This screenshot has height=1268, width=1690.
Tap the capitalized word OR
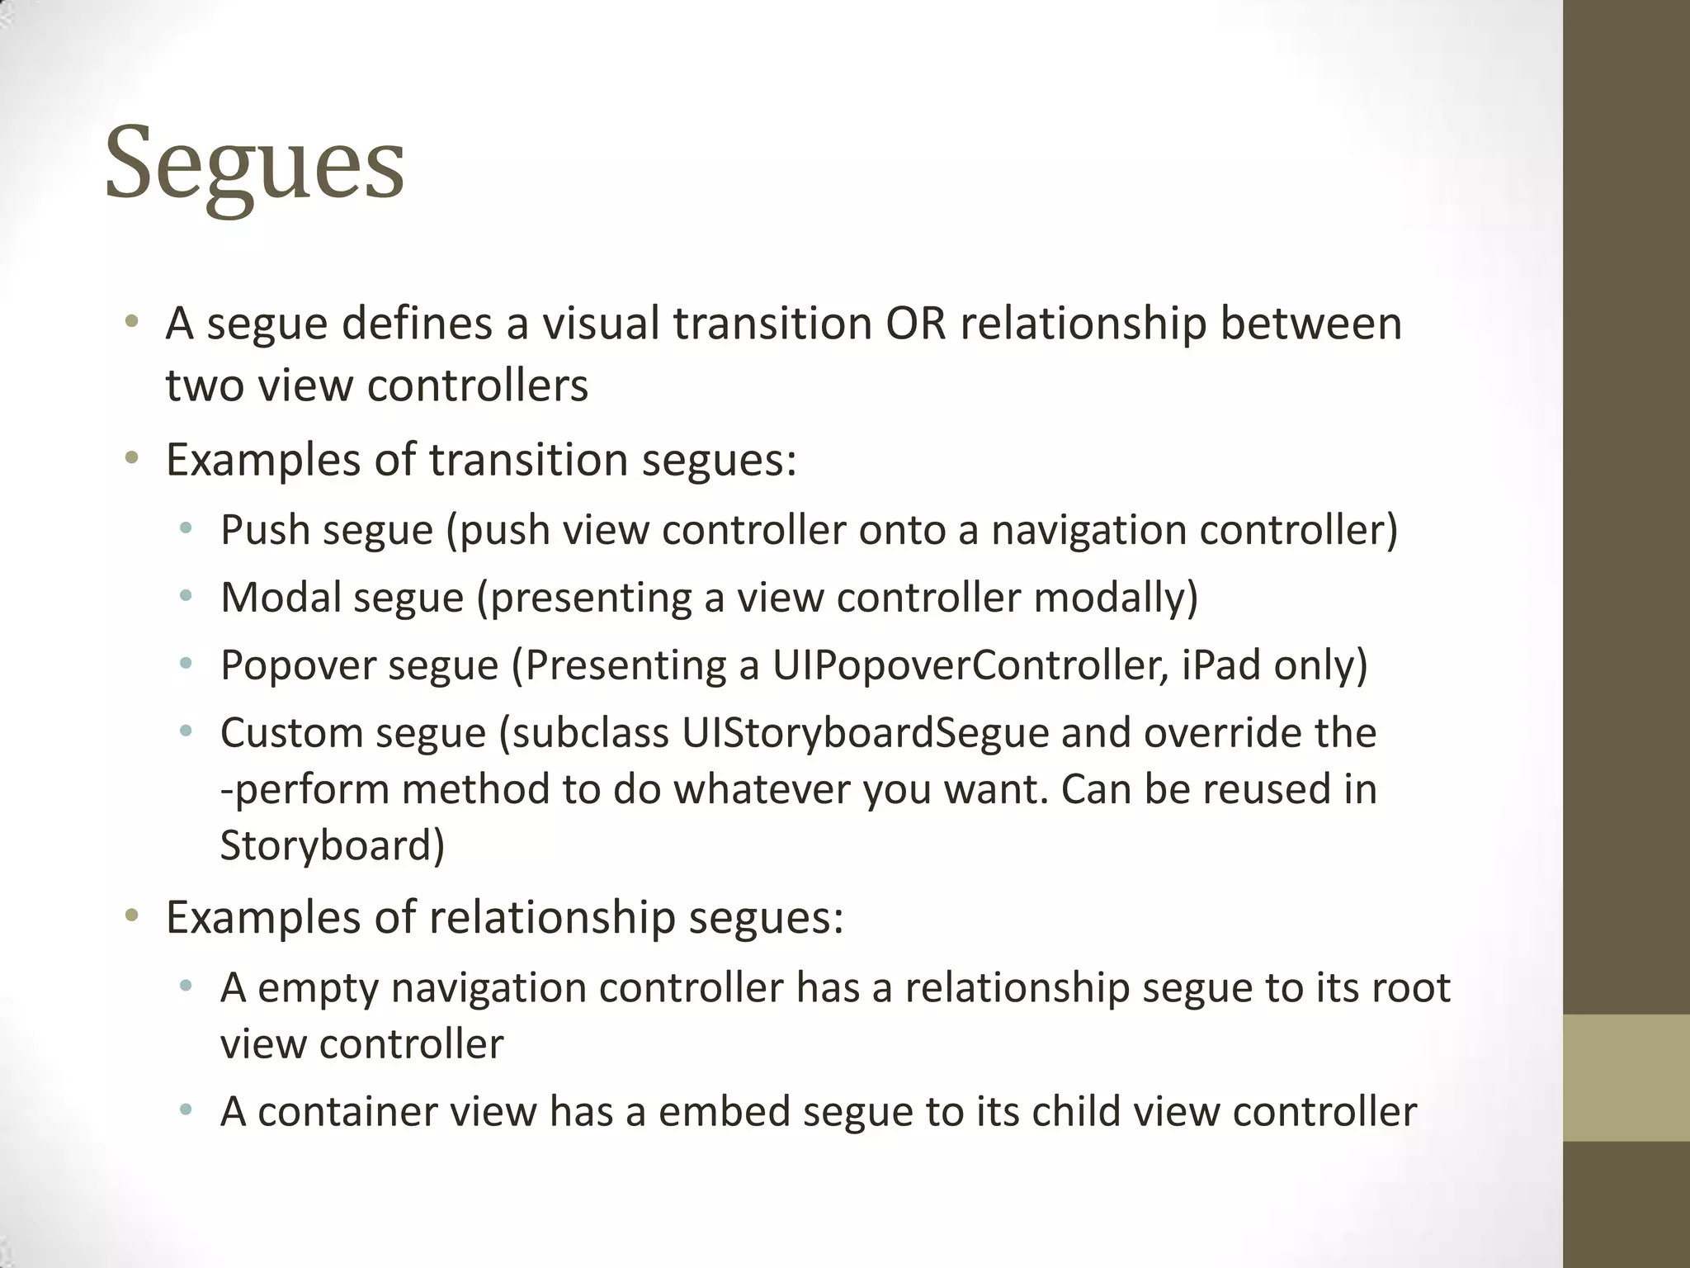[915, 324]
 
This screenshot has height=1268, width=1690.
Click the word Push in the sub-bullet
[265, 530]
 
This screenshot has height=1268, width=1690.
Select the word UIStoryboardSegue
[865, 733]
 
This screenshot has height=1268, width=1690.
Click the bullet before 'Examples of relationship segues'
[131, 916]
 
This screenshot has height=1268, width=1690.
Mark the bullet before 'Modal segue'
[186, 596]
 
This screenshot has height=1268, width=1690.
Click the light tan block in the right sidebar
[1626, 1077]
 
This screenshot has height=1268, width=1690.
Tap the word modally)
[1116, 598]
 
